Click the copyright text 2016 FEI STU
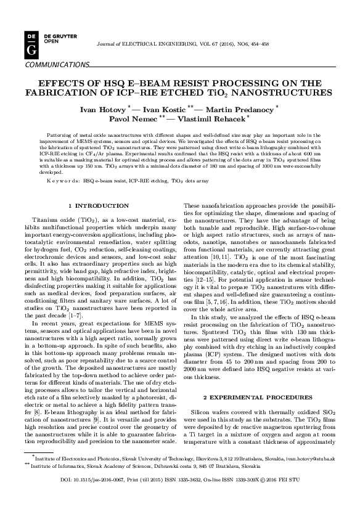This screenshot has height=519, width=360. pyautogui.click(x=284, y=496)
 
